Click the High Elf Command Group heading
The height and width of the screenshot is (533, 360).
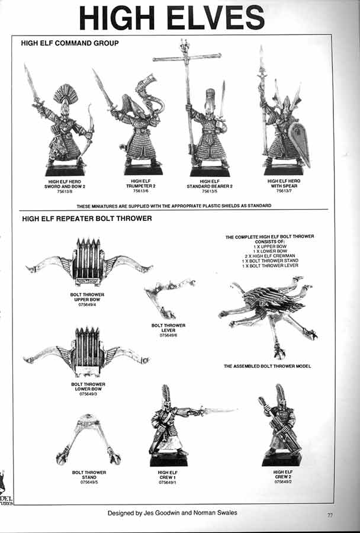click(70, 43)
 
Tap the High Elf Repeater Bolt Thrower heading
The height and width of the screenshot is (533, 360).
click(87, 219)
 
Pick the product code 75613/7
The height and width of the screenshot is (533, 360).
click(284, 191)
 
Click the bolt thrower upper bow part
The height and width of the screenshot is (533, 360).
click(89, 260)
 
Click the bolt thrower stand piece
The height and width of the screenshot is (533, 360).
click(89, 438)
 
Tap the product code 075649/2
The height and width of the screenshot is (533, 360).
click(283, 481)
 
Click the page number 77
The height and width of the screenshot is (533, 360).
click(330, 515)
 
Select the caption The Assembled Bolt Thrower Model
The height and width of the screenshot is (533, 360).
click(267, 367)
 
